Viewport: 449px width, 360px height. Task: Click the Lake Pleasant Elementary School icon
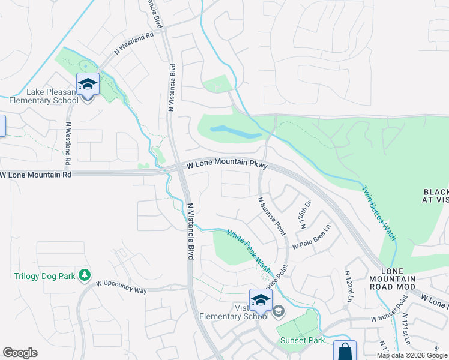[x=88, y=84]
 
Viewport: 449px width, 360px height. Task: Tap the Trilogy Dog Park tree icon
[x=85, y=274]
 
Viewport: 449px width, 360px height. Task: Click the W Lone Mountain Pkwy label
[x=226, y=164]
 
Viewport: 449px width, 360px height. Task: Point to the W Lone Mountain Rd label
[x=36, y=175]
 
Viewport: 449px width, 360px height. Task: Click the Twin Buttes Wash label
[x=379, y=212]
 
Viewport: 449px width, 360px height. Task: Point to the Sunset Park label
[x=303, y=340]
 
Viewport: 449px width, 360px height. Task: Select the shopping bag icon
[x=345, y=352]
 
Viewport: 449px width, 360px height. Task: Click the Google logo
[x=20, y=353]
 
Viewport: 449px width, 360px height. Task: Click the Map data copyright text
[x=412, y=355]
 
